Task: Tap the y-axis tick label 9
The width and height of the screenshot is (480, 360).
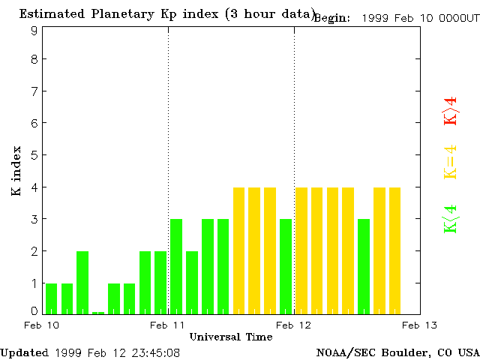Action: click(x=34, y=31)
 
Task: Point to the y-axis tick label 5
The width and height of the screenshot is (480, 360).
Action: click(x=34, y=155)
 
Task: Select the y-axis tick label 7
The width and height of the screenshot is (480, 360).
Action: click(x=34, y=91)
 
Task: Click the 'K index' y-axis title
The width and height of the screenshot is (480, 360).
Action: click(x=16, y=171)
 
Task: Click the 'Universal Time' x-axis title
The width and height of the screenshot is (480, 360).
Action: click(x=231, y=337)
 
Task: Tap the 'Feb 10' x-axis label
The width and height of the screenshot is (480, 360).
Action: click(x=42, y=325)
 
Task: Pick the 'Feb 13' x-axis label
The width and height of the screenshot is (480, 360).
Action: click(x=420, y=325)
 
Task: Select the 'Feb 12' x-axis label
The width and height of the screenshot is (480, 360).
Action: click(x=294, y=325)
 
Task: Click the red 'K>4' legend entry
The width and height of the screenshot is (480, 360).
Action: click(x=450, y=112)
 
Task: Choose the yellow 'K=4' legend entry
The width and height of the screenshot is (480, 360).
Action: click(x=450, y=163)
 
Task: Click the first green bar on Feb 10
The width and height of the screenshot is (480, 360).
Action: click(x=51, y=298)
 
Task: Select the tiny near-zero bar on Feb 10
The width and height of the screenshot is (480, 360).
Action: click(x=98, y=313)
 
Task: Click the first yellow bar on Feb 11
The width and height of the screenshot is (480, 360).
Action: click(x=239, y=250)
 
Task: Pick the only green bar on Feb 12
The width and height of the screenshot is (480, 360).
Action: click(x=364, y=266)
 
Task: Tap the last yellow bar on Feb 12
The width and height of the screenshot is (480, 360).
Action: click(x=395, y=250)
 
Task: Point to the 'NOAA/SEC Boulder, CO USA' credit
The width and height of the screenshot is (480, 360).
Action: click(x=397, y=352)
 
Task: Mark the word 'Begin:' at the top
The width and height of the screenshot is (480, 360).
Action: click(x=331, y=17)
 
